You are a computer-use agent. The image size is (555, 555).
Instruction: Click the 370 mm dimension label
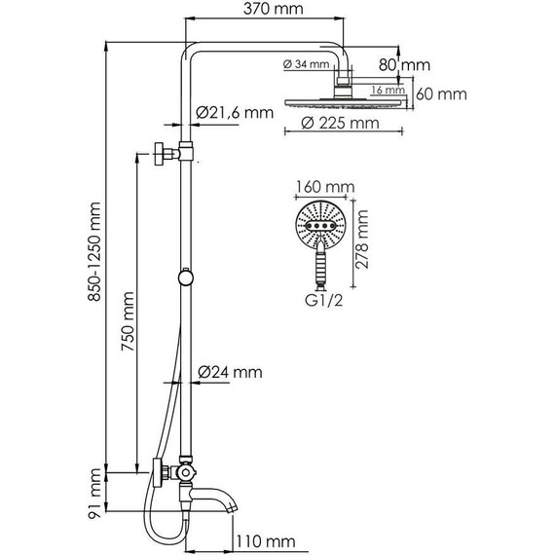click(274, 9)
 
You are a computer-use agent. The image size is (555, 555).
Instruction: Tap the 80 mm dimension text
click(405, 65)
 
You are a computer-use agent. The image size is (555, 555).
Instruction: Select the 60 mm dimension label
click(441, 94)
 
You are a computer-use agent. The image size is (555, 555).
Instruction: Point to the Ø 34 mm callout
click(306, 64)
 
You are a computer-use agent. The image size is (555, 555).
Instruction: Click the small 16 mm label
click(388, 90)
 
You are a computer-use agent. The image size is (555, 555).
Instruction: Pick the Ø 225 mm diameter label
click(340, 124)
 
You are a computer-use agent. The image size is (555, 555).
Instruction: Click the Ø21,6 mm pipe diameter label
click(235, 113)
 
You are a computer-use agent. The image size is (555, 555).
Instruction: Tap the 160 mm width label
click(325, 187)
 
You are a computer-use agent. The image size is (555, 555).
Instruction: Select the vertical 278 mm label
click(362, 240)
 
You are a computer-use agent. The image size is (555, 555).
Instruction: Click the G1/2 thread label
click(324, 301)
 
